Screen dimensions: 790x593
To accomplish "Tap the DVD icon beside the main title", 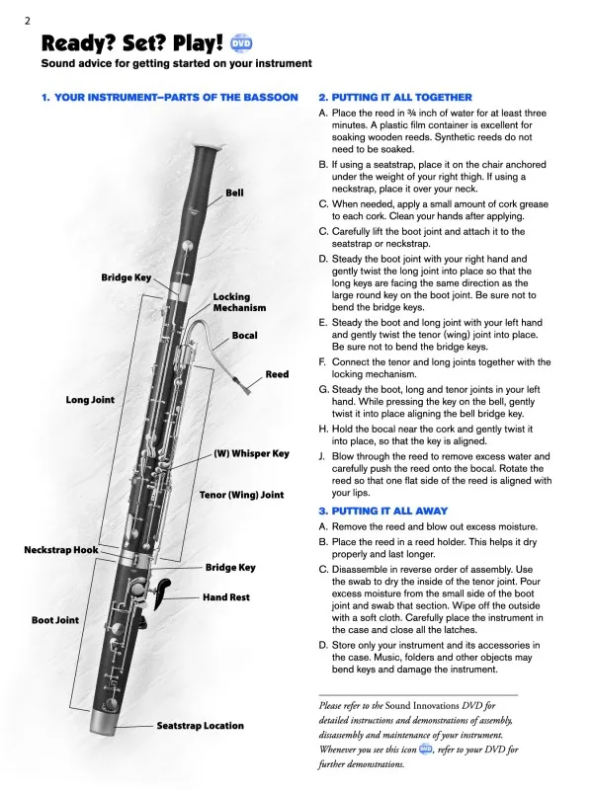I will coord(241,44).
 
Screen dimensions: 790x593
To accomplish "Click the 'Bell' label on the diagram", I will coord(234,193).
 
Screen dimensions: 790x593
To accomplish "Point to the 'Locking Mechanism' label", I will coord(231,302).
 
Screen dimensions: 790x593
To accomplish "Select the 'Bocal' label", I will coord(244,336).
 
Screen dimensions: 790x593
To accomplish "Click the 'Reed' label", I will coord(277,374).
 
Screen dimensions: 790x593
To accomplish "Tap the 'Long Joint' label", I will coord(90,400).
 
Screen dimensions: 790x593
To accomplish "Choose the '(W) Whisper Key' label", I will coord(251,453).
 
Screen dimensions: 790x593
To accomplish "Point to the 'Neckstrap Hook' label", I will coord(61,549).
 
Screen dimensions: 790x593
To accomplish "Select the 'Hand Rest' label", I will coord(226,597).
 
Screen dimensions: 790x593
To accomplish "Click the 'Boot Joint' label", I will coord(54,620).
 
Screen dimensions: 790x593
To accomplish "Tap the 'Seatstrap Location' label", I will coord(200,726).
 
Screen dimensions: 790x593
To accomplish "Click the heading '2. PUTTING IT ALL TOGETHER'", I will coord(395,98).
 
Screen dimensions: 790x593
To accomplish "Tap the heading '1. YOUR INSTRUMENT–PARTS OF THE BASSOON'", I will coord(169,98).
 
